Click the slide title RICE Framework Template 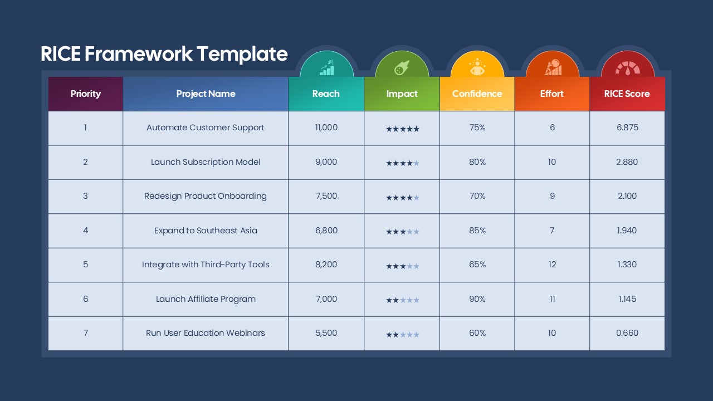coord(164,54)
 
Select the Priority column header coord(85,94)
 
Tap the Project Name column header coord(206,94)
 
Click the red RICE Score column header coord(627,94)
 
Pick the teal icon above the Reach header coord(326,68)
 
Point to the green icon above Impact coord(402,68)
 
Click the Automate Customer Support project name coord(206,128)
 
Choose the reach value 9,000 coord(326,162)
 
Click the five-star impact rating coord(402,129)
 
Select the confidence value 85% coord(477,231)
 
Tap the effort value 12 coord(552,265)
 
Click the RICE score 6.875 coord(627,128)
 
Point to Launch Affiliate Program coord(206,299)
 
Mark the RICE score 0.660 coord(627,333)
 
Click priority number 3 coord(85,196)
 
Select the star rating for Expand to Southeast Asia coord(402,232)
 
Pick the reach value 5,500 coord(326,333)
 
